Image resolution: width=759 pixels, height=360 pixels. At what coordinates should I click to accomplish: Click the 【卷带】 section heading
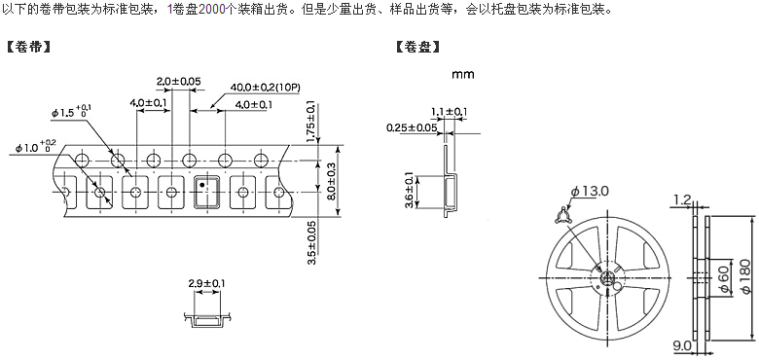click(x=28, y=47)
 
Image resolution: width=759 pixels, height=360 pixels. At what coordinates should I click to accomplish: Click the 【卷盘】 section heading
click(x=418, y=47)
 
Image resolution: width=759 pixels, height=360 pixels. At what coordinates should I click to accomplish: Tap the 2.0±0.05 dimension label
click(x=179, y=82)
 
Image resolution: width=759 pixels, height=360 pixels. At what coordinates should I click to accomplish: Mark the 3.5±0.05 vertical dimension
click(x=312, y=242)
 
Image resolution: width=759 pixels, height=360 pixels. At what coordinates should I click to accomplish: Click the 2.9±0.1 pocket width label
click(x=206, y=283)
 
